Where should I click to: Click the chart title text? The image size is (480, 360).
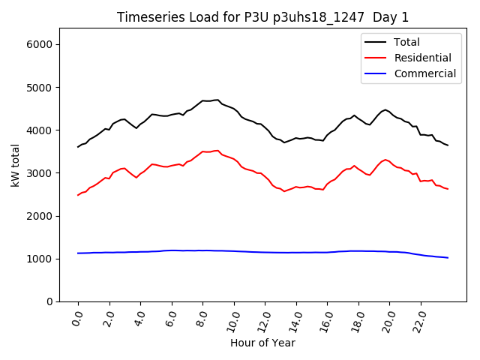pos(262,17)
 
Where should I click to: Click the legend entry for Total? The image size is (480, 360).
pos(406,42)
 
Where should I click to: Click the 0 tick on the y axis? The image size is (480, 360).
pos(49,301)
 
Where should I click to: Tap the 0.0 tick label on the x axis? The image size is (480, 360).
pos(77,318)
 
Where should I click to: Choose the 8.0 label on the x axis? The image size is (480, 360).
pos(202,318)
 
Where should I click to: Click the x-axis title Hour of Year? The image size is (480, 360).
pos(262,343)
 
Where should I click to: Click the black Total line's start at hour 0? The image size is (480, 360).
pos(78,147)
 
